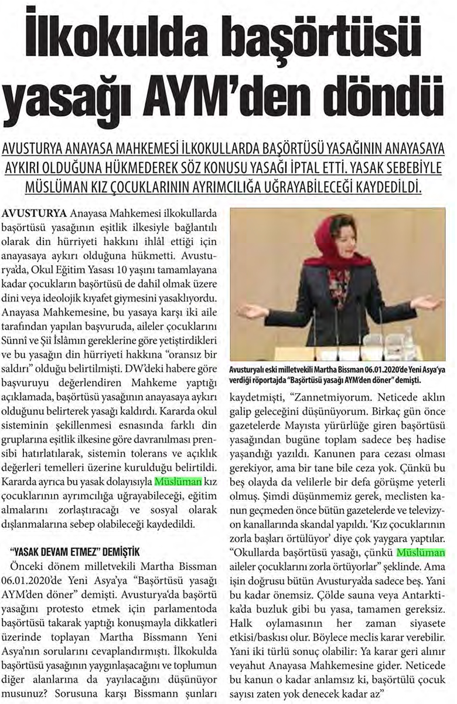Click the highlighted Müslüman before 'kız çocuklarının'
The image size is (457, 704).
pyautogui.click(x=178, y=482)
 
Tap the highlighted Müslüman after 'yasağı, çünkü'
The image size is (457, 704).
pyautogui.click(x=420, y=552)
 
